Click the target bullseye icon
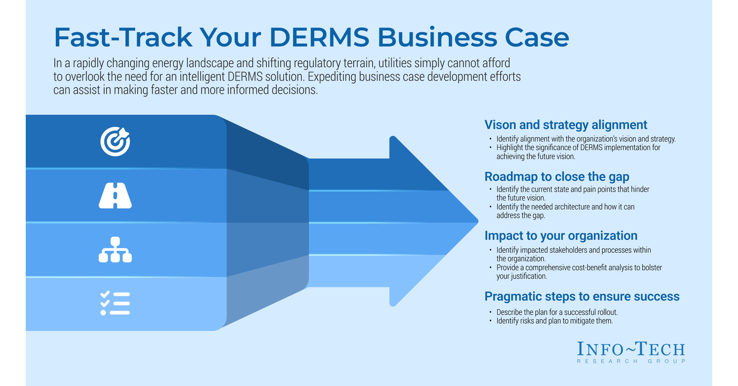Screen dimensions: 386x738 tap(115, 141)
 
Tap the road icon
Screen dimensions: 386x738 tap(115, 195)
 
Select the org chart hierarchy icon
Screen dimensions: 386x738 tap(115, 250)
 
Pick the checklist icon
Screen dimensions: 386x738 tap(115, 303)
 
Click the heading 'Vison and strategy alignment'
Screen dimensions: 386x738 tap(565, 125)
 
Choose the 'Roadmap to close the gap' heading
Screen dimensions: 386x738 tap(557, 177)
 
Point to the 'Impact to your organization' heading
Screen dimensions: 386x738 tap(561, 235)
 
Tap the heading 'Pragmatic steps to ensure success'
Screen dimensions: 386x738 tap(582, 297)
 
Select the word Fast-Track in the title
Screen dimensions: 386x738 tap(123, 38)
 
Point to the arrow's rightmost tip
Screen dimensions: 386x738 tap(477, 221)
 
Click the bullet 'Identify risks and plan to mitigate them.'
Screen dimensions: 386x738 tap(554, 321)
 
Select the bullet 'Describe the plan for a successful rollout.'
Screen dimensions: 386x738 tap(557, 312)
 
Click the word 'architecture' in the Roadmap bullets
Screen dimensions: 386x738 tap(570, 207)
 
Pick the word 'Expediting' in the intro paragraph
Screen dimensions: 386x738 tap(332, 77)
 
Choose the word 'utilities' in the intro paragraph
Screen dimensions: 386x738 tap(395, 63)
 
